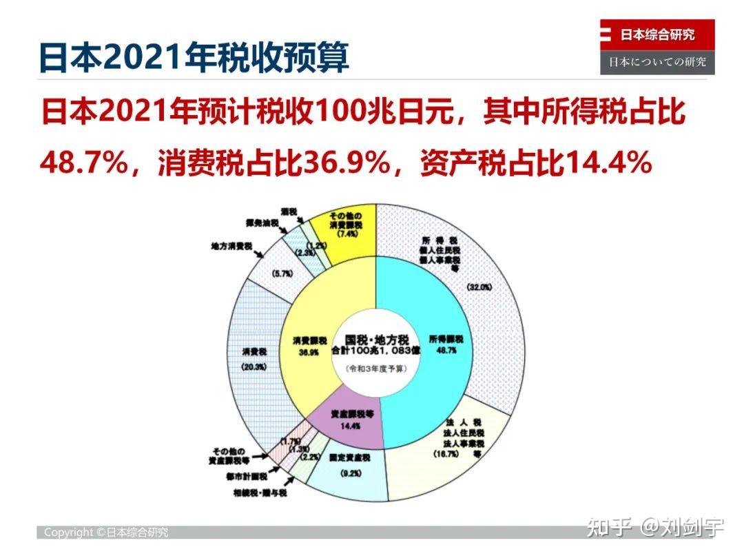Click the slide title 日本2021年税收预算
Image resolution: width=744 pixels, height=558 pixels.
[194, 58]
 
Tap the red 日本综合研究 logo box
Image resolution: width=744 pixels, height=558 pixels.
[657, 35]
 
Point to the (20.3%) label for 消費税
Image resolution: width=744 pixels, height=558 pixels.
[254, 368]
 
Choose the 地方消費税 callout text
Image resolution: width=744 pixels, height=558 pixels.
[232, 246]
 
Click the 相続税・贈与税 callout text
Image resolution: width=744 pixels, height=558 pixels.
[260, 493]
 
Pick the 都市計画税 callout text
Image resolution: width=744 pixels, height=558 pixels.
[246, 476]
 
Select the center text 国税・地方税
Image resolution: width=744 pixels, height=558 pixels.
[377, 341]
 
